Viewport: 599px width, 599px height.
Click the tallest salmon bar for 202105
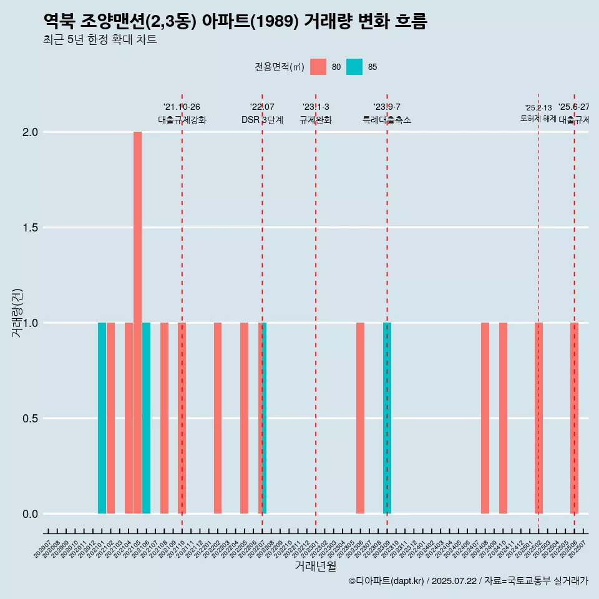click(137, 323)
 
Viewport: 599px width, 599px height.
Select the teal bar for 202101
click(102, 418)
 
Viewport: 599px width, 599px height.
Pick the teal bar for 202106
click(146, 418)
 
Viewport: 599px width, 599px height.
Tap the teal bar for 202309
click(387, 418)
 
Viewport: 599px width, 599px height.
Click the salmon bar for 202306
click(360, 418)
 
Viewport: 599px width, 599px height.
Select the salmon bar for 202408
click(485, 418)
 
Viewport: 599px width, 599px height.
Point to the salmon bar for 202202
click(218, 418)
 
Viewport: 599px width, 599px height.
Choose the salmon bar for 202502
click(538, 418)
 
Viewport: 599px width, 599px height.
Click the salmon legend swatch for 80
click(318, 67)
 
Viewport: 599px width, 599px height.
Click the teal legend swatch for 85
click(354, 67)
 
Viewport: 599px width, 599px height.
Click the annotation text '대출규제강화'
click(182, 120)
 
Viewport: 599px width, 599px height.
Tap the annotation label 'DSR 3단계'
click(262, 120)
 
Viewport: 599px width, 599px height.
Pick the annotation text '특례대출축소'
click(387, 120)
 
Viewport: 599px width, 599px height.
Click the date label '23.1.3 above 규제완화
click(316, 107)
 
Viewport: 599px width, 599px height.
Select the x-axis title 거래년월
click(315, 567)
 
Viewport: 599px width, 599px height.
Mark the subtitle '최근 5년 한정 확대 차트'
click(100, 40)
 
